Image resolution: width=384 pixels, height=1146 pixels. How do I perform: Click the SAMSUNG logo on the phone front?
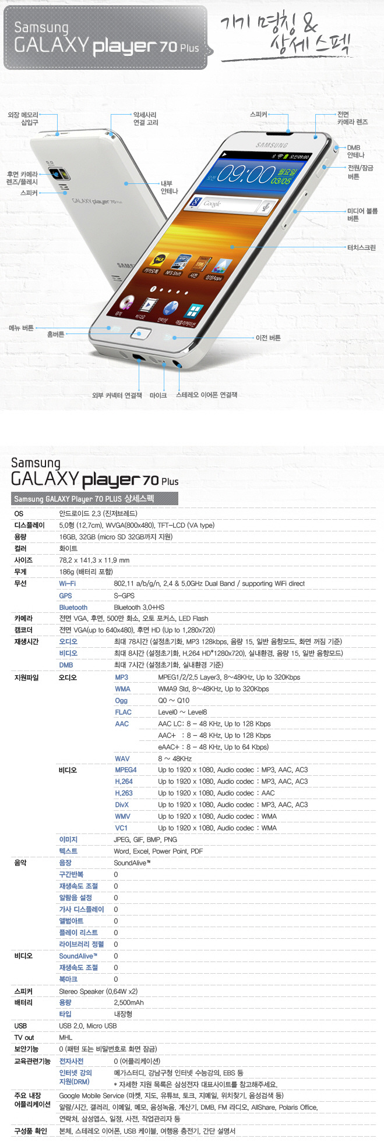(x=272, y=145)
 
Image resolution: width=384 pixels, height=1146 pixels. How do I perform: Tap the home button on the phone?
(x=141, y=333)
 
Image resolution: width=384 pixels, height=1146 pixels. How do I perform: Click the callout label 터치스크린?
(x=361, y=247)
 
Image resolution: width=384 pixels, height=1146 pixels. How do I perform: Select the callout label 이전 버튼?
(x=268, y=338)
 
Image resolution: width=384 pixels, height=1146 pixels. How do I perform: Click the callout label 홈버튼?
(x=55, y=334)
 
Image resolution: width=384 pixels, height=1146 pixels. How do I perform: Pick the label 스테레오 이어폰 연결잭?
(x=207, y=395)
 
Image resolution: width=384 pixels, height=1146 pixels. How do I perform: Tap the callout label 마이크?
(x=158, y=395)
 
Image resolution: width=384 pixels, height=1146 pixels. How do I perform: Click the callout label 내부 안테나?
(x=170, y=187)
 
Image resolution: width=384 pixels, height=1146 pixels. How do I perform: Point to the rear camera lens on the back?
(x=57, y=173)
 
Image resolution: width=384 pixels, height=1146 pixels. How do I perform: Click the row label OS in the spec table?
(x=19, y=514)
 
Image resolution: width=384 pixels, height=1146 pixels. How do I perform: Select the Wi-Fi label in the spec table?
(x=67, y=584)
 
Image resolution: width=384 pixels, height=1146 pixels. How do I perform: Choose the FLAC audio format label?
(x=123, y=712)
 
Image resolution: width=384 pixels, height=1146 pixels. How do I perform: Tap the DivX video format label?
(x=122, y=805)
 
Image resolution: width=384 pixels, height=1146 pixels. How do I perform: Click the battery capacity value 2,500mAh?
(x=129, y=1003)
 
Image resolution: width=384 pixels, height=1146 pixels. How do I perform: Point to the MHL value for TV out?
(x=66, y=1038)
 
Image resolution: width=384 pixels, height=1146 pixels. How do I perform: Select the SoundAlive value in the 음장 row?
(x=132, y=863)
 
